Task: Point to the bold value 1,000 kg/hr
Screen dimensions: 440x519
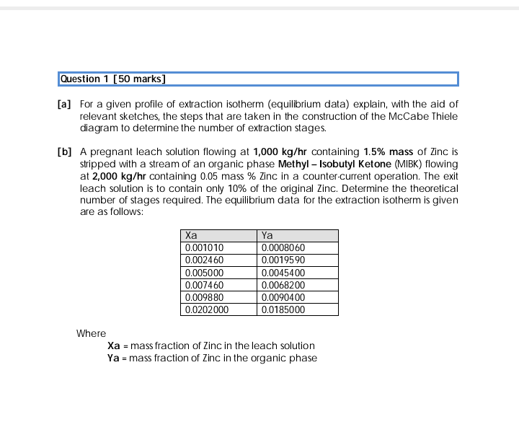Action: [x=281, y=151]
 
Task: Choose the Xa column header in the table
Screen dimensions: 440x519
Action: [x=192, y=235]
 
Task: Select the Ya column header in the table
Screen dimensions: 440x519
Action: [x=267, y=235]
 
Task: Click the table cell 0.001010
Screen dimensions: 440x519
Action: [x=205, y=247]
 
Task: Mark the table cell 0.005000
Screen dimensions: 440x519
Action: [x=205, y=273]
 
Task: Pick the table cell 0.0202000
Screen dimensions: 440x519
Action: [x=207, y=309]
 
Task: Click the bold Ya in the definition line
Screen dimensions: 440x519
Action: [x=113, y=358]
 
